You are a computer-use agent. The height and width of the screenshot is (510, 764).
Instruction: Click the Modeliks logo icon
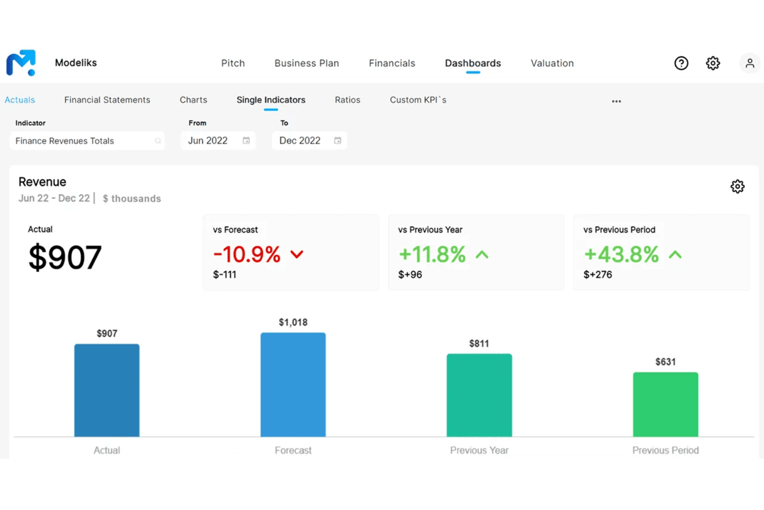click(x=21, y=63)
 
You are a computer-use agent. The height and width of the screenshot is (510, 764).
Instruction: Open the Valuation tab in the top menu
click(x=552, y=63)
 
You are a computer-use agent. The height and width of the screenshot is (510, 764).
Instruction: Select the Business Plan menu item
click(x=307, y=63)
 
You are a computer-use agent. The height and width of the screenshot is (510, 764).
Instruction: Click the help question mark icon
click(x=681, y=63)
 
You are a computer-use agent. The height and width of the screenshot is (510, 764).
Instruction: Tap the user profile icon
click(x=750, y=63)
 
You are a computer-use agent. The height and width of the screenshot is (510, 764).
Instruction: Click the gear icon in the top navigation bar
click(x=713, y=63)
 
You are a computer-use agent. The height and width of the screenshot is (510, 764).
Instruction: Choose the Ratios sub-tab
click(x=347, y=100)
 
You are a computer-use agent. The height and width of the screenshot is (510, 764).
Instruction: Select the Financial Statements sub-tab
click(x=107, y=100)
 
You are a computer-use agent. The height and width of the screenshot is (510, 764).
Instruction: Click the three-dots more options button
click(x=616, y=101)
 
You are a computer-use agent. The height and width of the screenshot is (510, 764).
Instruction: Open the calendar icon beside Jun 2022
click(x=246, y=141)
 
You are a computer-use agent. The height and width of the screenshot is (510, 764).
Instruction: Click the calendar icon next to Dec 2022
click(x=338, y=141)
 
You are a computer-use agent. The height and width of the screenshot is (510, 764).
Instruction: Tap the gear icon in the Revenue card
click(x=737, y=187)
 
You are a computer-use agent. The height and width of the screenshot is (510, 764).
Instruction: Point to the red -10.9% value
click(x=247, y=254)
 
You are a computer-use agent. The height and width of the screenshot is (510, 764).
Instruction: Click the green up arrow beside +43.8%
click(x=675, y=254)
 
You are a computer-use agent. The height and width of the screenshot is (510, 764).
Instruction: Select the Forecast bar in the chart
click(x=293, y=384)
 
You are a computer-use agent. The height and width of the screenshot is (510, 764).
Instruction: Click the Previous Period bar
click(x=665, y=404)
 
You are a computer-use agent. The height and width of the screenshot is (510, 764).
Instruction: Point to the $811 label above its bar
click(x=479, y=344)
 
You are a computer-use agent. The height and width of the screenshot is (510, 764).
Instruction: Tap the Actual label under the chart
click(x=107, y=450)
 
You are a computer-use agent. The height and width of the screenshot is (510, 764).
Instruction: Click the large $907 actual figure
click(x=65, y=257)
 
